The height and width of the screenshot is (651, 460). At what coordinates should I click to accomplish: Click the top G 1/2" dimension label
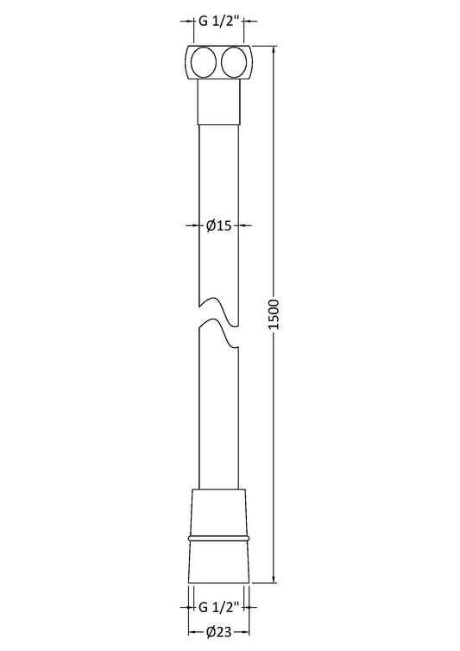(219, 21)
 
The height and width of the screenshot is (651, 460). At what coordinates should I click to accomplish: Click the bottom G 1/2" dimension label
(219, 608)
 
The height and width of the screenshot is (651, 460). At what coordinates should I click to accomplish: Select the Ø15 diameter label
(219, 225)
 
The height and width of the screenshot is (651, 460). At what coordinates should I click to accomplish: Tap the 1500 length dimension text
(274, 314)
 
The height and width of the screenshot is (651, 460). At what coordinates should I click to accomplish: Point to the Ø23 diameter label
(219, 632)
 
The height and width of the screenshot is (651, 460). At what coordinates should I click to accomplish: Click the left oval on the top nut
(203, 63)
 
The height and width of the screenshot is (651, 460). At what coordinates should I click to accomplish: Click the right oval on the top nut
(234, 63)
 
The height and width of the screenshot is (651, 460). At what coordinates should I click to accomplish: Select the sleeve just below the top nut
(219, 102)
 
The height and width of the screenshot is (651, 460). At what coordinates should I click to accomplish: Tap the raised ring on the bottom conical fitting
(219, 539)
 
